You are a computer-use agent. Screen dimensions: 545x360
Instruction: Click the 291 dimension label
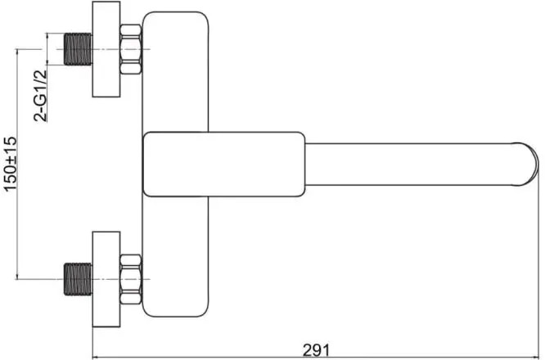tap(316, 350)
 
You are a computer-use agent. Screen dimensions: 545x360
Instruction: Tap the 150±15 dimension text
tap(11, 164)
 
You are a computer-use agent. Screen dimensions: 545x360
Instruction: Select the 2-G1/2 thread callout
tap(40, 96)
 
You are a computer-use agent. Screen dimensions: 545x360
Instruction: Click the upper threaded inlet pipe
tap(78, 49)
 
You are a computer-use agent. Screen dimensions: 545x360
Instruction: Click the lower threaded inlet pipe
tap(78, 279)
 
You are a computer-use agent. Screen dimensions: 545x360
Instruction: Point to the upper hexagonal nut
tap(131, 49)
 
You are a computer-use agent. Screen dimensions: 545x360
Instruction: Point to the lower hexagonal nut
tap(131, 279)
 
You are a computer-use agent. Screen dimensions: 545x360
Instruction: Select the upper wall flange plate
tap(106, 49)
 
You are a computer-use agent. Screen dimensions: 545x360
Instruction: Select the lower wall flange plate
tap(106, 279)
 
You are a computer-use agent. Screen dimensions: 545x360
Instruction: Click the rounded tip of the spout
tap(527, 164)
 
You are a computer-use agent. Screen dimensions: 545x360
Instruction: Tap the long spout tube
tap(410, 164)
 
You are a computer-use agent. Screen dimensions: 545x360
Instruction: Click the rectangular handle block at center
tap(224, 164)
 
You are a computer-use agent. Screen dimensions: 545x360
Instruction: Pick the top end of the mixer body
tap(175, 13)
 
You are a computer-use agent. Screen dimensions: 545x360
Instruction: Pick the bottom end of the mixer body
tap(175, 315)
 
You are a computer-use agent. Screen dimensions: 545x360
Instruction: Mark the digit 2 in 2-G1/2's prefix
tap(41, 116)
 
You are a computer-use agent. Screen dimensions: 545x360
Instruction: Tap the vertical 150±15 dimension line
tap(17, 164)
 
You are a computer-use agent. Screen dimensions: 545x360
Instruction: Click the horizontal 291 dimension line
tap(316, 358)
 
